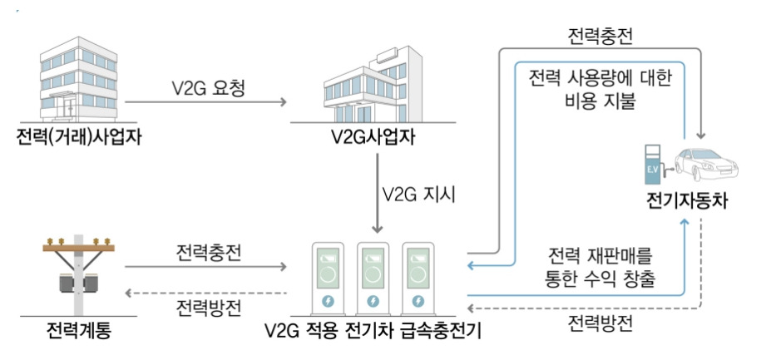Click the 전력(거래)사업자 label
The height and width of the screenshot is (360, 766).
coord(78,136)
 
